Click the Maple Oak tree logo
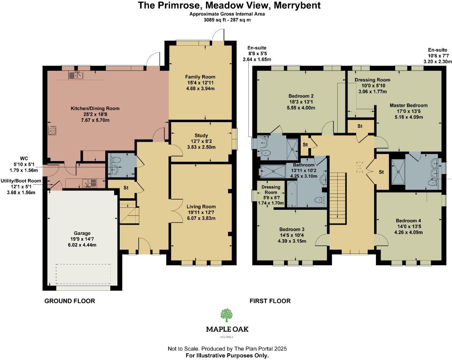coord(227,315)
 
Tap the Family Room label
coord(200,77)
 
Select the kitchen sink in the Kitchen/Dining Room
coord(76,75)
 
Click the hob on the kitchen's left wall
coord(52,130)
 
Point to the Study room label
coord(201,136)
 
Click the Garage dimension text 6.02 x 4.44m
coord(82,245)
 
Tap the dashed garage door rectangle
coord(83,274)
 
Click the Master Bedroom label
coord(408,105)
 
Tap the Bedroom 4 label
coord(408,221)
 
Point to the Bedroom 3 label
coord(292,229)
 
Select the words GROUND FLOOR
coord(70,301)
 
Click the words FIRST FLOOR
coord(270,301)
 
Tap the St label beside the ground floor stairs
coord(126,187)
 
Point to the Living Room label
coord(201,206)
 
